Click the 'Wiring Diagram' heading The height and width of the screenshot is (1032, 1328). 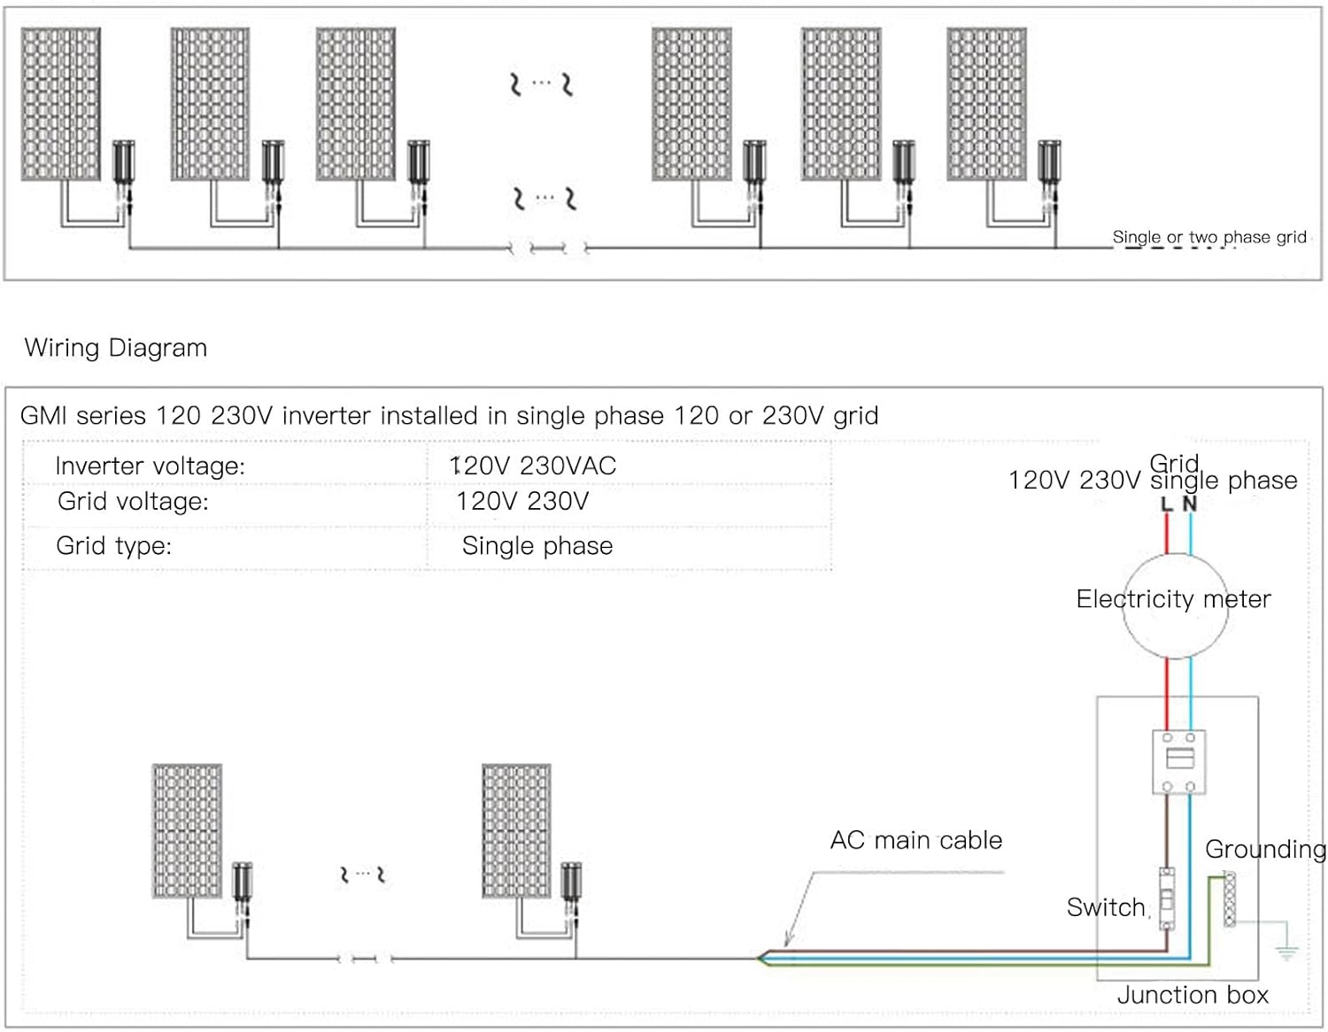(x=116, y=348)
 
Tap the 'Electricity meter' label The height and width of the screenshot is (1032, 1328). (x=1173, y=599)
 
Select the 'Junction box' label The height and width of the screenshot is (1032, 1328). (x=1193, y=995)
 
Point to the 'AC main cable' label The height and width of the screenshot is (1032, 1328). (x=916, y=840)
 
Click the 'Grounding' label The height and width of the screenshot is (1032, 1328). (x=1265, y=850)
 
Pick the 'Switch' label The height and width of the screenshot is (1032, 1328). (x=1106, y=907)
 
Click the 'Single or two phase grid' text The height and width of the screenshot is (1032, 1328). (x=1209, y=237)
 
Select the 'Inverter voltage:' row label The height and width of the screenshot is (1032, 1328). (x=150, y=466)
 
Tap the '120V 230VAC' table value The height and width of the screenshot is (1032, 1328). (x=533, y=466)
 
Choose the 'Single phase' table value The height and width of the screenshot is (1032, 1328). (x=537, y=545)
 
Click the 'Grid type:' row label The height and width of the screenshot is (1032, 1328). (x=113, y=545)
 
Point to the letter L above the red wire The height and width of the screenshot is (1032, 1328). (x=1167, y=504)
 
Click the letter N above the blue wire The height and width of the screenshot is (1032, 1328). (x=1190, y=504)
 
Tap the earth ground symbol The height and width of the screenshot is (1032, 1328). (x=1286, y=952)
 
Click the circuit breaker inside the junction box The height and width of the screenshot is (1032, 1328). (x=1178, y=761)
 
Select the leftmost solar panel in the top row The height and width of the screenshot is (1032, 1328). (x=61, y=104)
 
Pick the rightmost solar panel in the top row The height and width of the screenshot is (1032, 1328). (x=986, y=104)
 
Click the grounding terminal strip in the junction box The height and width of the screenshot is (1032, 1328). (x=1230, y=898)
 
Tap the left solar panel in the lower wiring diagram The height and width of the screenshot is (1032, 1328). (x=187, y=831)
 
